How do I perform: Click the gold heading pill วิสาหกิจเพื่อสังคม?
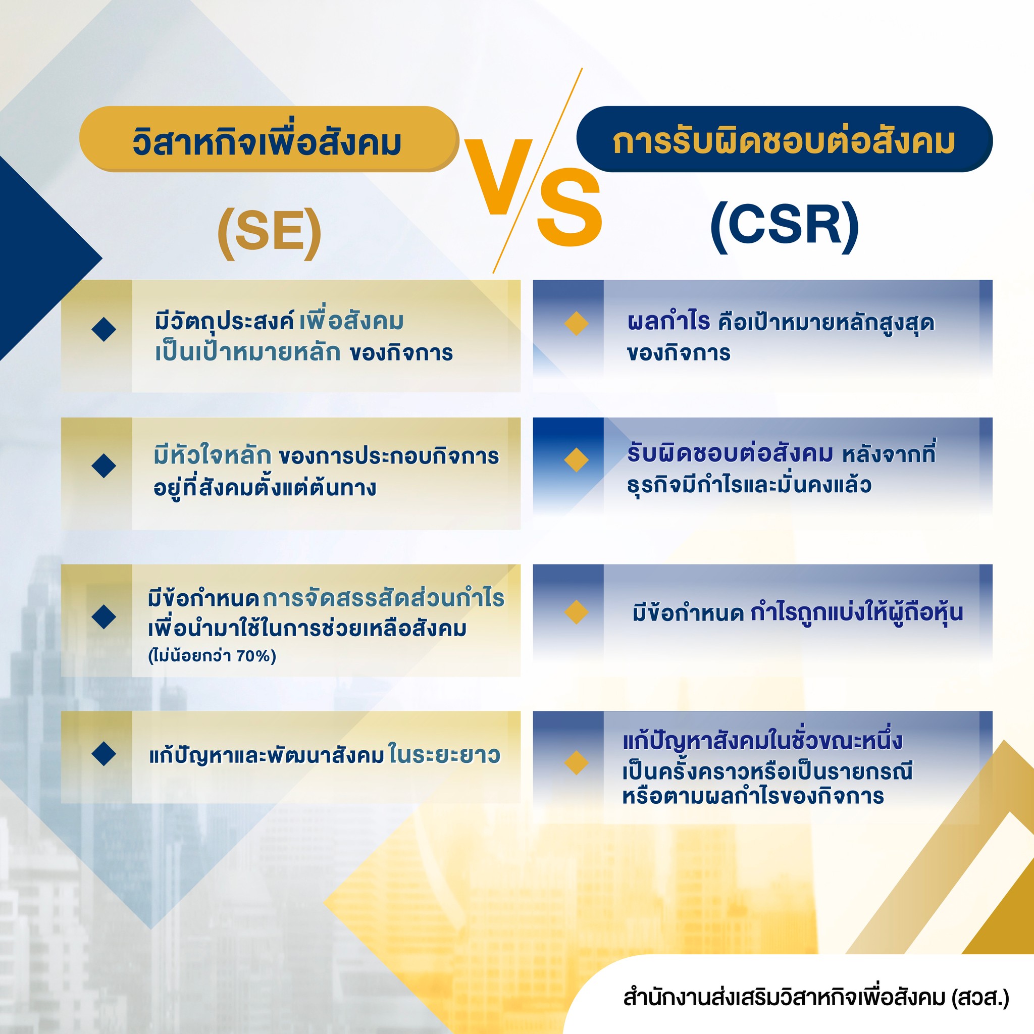pos(268,139)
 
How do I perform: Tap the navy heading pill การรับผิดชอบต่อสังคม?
pos(784,139)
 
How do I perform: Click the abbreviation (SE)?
pos(270,231)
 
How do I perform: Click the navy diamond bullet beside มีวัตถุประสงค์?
pos(104,329)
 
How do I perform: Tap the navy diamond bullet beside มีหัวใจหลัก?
pos(104,466)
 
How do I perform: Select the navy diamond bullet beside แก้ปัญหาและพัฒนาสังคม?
pos(104,754)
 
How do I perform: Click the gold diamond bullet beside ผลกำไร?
pos(577,324)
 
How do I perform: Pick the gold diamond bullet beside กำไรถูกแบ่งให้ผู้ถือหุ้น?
pos(577,612)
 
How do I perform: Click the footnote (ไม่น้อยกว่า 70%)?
pos(212,656)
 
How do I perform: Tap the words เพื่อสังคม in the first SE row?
pos(351,321)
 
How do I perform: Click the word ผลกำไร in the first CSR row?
pos(668,322)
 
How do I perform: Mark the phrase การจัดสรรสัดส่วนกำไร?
pos(383,598)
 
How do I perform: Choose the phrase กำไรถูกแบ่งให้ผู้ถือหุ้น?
pos(856,612)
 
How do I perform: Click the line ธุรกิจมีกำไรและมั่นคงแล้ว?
pos(749,485)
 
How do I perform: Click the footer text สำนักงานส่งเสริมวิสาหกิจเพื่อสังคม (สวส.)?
pos(816,998)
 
